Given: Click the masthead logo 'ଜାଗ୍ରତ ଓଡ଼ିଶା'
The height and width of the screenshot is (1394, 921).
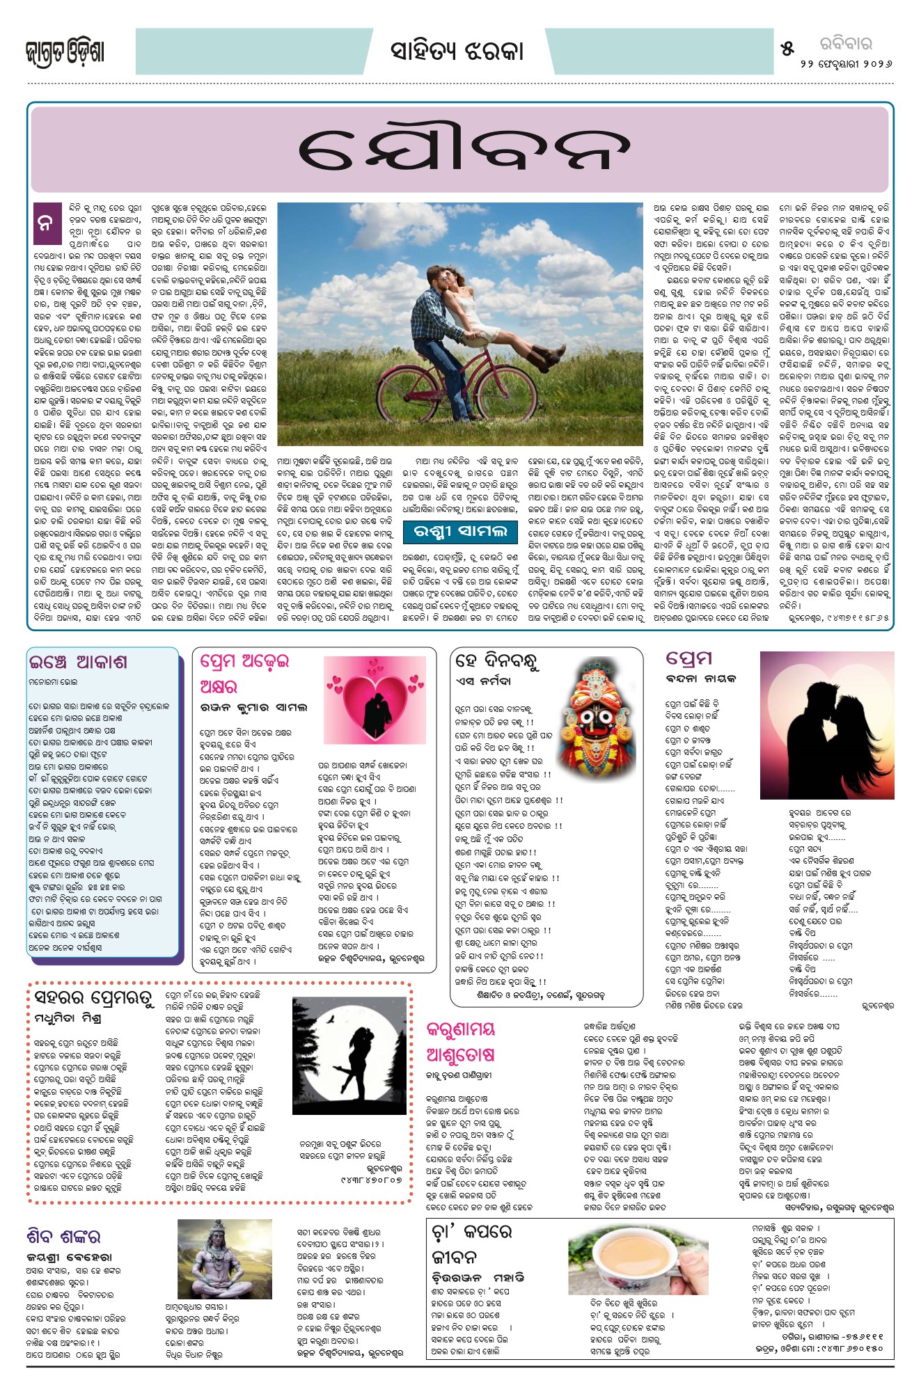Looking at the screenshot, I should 65,53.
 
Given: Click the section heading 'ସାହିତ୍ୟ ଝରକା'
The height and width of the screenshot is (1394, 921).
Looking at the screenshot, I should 456,52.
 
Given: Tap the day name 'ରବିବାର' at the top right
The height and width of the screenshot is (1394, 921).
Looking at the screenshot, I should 845,44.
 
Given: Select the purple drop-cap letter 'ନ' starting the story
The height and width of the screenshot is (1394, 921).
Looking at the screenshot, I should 45,223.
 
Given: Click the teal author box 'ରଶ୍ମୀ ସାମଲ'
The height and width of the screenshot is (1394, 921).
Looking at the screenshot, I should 459,532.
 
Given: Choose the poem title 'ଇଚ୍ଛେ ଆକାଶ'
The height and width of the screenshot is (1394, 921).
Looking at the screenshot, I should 78,661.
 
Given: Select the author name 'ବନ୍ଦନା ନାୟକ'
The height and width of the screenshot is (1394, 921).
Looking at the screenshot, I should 700,679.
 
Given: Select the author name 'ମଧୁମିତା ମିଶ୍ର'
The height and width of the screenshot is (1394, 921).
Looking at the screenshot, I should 68,1019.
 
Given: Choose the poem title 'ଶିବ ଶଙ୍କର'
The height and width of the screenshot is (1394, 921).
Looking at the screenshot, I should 63,1237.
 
